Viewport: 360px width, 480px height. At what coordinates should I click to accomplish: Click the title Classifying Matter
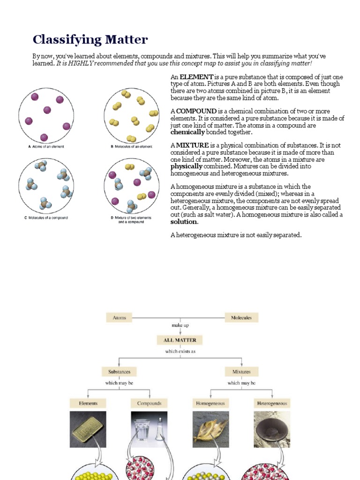[x=90, y=40]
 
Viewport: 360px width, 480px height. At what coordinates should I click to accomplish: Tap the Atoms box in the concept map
[x=119, y=317]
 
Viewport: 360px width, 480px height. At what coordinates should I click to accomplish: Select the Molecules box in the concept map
[x=241, y=317]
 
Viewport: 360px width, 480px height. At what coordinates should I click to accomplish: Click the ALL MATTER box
[x=180, y=340]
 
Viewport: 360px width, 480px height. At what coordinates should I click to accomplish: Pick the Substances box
[x=119, y=372]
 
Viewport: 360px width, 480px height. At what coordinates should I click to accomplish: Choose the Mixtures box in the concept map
[x=241, y=372]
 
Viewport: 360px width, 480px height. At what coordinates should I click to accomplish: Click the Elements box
[x=88, y=403]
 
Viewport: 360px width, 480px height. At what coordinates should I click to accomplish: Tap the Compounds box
[x=149, y=403]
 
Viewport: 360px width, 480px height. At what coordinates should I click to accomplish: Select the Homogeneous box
[x=210, y=403]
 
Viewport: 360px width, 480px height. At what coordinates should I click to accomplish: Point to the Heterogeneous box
[x=272, y=403]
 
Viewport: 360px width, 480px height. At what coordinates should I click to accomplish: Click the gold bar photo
[x=88, y=429]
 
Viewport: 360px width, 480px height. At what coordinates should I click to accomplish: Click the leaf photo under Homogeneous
[x=210, y=429]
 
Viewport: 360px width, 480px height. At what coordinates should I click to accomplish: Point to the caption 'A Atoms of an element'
[x=46, y=147]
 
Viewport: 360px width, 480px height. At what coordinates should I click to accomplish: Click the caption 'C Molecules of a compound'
[x=46, y=217]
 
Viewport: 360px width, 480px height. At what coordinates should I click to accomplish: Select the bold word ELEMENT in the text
[x=196, y=77]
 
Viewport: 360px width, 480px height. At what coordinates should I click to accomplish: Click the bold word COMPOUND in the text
[x=196, y=111]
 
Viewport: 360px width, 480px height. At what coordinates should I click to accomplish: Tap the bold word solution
[x=184, y=222]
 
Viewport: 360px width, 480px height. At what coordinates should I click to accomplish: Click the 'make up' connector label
[x=180, y=325]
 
